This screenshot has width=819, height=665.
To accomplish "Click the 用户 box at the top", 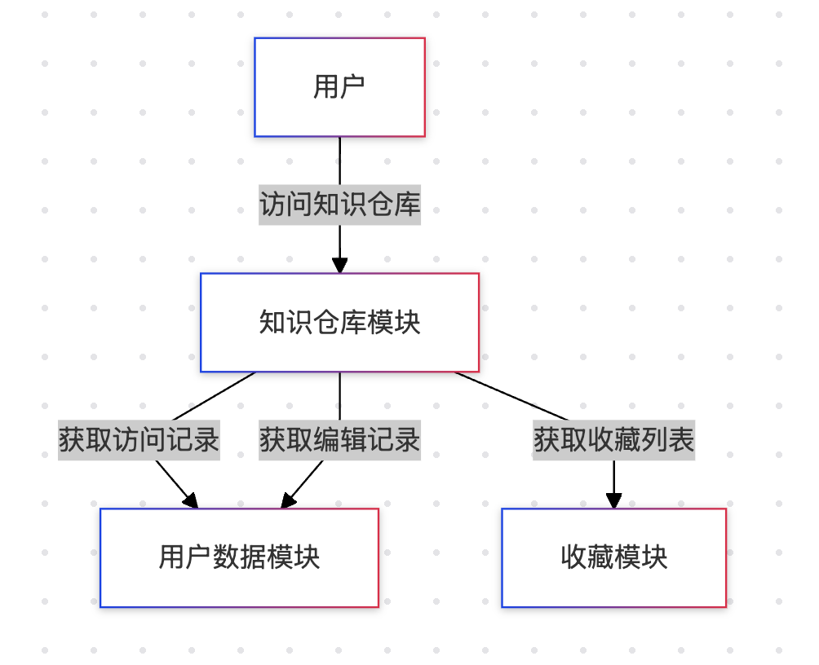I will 339,87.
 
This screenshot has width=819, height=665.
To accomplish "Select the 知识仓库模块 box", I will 339,323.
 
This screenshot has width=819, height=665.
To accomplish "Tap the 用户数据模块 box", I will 239,558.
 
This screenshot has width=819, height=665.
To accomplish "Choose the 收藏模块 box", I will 613,558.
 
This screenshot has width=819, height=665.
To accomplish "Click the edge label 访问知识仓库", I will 339,205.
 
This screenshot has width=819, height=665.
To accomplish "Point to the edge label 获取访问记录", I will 139,440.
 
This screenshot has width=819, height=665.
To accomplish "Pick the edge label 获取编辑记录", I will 339,440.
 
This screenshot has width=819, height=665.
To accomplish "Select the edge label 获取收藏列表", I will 613,440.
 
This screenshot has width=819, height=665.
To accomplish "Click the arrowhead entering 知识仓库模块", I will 339,266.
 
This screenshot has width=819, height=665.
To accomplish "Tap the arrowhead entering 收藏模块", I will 613,500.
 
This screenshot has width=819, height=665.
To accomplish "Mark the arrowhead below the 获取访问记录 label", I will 191,500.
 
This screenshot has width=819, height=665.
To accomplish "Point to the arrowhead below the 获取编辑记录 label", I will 289,500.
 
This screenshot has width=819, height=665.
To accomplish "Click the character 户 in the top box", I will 352,86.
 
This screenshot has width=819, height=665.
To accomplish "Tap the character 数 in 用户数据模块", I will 225,558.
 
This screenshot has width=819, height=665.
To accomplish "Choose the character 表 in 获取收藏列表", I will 680,440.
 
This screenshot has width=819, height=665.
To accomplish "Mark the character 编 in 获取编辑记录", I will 326,440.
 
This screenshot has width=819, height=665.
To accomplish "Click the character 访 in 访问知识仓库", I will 273,205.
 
